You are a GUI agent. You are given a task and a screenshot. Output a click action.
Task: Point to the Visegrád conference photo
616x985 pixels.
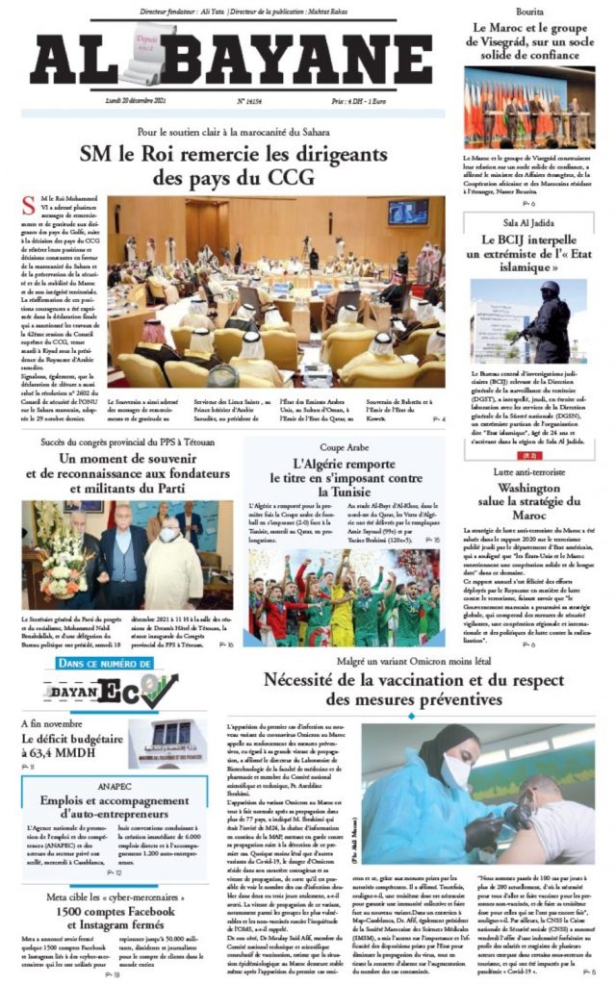[529, 107]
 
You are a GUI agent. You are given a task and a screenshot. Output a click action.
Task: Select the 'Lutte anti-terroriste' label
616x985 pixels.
[529, 445]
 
